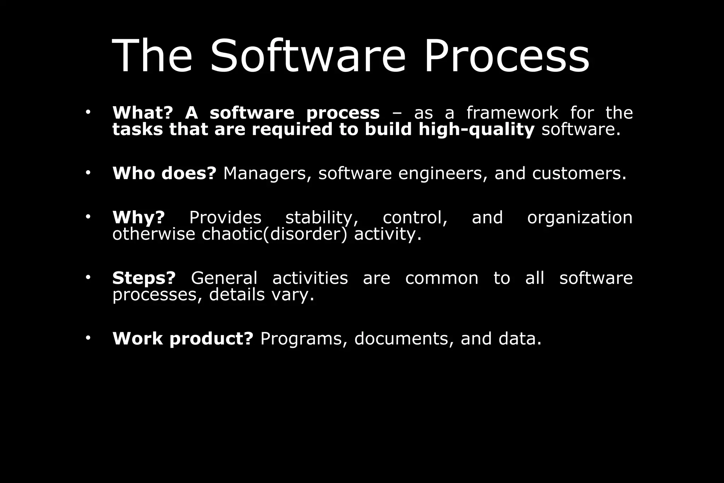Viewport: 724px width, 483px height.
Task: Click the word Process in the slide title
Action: (507, 56)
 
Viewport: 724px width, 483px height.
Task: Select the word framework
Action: (512, 113)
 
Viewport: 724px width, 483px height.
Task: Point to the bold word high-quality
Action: (476, 130)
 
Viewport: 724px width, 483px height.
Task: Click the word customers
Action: (579, 173)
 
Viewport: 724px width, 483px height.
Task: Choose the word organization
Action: (580, 217)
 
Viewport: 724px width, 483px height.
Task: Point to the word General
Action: (224, 278)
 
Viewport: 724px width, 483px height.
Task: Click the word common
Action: (442, 278)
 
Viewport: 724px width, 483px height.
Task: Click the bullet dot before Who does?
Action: (88, 173)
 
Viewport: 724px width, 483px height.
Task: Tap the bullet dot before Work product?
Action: (88, 338)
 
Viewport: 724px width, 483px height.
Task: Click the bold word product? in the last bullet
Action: (211, 339)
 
